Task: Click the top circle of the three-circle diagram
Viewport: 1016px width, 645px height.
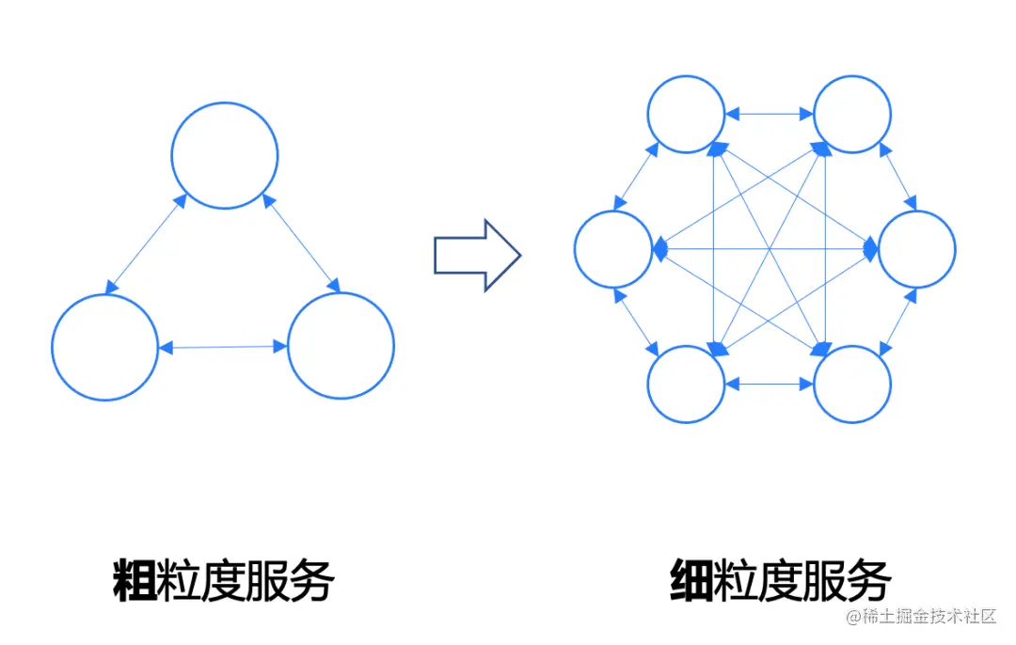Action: coord(225,155)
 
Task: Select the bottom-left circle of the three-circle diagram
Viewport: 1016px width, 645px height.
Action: coord(104,347)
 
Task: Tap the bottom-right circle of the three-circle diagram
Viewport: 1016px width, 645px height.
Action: coord(341,345)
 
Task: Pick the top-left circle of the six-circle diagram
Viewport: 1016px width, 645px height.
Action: coord(686,114)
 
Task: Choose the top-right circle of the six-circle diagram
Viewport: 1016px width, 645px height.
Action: coord(851,114)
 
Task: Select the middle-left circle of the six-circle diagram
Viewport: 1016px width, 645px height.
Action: coord(613,249)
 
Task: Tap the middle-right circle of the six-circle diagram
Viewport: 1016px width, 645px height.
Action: coord(917,249)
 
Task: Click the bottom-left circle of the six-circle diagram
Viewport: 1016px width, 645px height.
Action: coord(686,384)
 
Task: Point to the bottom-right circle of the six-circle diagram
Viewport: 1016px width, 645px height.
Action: coord(851,384)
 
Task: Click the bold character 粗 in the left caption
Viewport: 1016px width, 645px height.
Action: coord(133,579)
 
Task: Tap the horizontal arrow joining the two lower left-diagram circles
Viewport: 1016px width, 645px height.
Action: coord(223,347)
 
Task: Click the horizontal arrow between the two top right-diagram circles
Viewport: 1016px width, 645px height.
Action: coord(769,114)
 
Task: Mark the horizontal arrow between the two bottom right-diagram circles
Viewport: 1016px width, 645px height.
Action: coord(769,384)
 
